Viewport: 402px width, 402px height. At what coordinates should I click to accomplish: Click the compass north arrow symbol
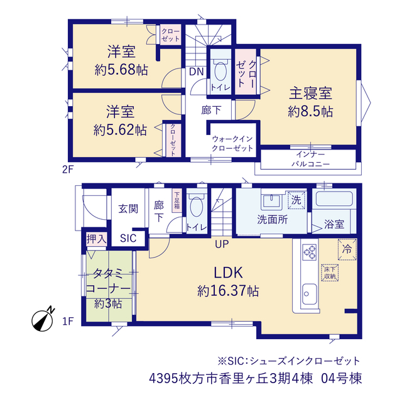point(43,320)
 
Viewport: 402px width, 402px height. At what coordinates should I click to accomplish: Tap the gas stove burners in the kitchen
point(310,252)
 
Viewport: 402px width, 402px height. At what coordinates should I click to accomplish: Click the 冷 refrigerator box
point(347,249)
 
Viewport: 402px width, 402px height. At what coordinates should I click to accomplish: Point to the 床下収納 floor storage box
point(330,273)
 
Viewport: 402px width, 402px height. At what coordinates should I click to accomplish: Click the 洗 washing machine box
point(296,200)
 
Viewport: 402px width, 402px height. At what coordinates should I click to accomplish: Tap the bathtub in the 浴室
point(334,199)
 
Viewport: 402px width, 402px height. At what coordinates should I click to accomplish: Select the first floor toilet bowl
point(197,207)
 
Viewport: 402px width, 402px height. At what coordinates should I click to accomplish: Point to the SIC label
point(128,238)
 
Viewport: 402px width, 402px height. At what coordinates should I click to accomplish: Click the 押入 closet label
point(96,239)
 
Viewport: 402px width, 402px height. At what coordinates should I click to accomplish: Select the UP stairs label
point(222,244)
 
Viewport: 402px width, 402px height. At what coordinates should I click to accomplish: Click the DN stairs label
point(196,72)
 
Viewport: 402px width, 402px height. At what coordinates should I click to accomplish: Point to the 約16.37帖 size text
point(228,291)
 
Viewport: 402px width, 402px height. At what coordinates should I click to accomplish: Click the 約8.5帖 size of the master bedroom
point(310,112)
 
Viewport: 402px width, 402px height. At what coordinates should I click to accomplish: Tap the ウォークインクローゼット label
point(232,144)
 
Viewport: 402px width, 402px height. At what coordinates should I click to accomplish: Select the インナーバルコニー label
point(310,159)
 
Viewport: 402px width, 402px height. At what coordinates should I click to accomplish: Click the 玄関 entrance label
point(128,209)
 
